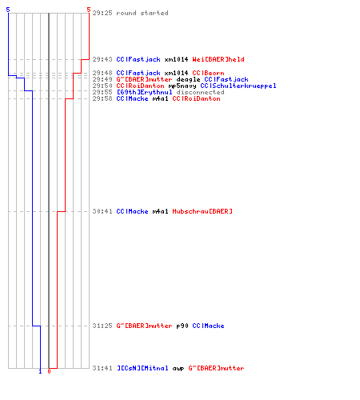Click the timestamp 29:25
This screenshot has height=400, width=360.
click(x=102, y=13)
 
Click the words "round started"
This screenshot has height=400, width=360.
click(x=142, y=13)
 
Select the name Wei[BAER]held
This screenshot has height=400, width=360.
click(x=218, y=59)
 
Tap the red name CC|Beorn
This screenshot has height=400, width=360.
click(x=208, y=73)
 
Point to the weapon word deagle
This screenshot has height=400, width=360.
click(x=188, y=79)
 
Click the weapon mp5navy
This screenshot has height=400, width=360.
click(x=182, y=86)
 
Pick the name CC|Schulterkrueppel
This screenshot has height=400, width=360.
click(x=238, y=86)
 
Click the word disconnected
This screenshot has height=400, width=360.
click(x=200, y=92)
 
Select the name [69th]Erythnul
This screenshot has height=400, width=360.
click(x=145, y=92)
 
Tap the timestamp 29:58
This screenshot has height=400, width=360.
click(x=102, y=98)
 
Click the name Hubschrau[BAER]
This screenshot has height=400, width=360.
click(x=202, y=211)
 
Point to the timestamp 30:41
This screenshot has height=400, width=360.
click(x=102, y=211)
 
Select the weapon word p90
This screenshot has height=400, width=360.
click(x=182, y=326)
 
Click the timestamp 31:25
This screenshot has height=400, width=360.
click(x=102, y=326)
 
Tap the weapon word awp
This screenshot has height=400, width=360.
click(x=178, y=368)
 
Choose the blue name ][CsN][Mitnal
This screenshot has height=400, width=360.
click(x=142, y=368)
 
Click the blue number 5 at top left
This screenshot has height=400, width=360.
click(x=8, y=10)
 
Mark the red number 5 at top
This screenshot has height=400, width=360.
click(x=89, y=10)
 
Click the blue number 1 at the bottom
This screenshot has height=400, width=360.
click(x=40, y=371)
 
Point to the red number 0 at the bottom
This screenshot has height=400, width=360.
click(x=49, y=371)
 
